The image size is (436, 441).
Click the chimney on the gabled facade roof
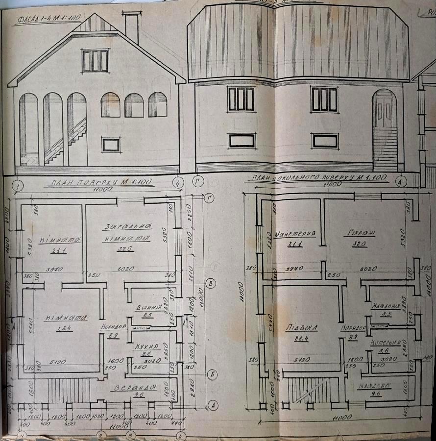pos(131,28)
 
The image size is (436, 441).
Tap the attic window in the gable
pos(95,60)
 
